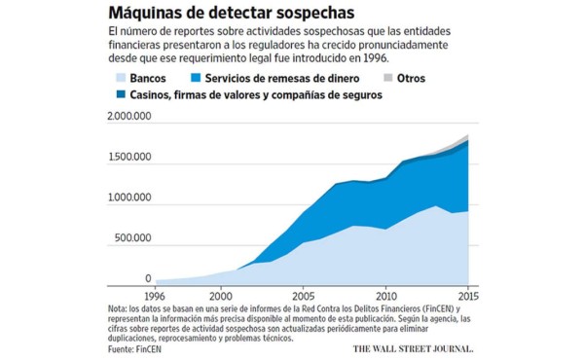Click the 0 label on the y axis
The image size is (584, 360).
pos(148,278)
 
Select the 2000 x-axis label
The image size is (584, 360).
pos(221,294)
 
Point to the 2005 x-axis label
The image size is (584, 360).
pos(304,294)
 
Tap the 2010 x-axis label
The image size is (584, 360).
pos(386,294)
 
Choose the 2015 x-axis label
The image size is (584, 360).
pos(468,294)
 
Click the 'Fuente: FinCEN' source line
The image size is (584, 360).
pos(135,346)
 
